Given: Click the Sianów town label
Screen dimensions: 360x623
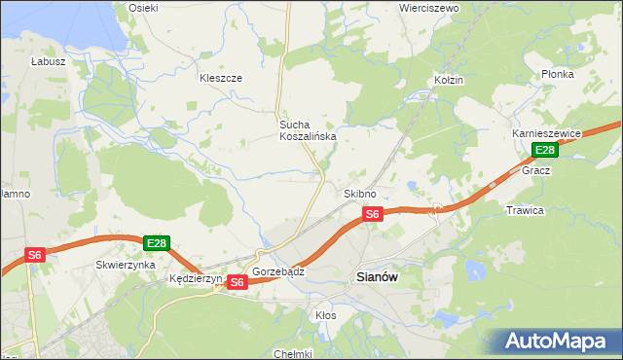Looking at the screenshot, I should [374, 276].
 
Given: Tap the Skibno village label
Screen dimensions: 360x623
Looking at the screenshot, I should [360, 194].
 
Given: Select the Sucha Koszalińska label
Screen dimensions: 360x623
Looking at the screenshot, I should [308, 130].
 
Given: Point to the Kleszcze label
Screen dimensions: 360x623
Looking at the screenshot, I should [220, 78].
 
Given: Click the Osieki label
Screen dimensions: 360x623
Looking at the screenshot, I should [143, 8].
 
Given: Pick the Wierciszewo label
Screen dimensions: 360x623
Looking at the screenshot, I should [428, 8].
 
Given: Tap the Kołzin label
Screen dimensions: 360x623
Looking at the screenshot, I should [449, 80].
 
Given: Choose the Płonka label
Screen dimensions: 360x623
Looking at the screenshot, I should [558, 74].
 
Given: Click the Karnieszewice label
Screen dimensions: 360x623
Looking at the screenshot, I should [547, 133].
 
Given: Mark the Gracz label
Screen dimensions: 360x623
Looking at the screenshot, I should [536, 170].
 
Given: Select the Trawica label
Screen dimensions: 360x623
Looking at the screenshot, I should [525, 210].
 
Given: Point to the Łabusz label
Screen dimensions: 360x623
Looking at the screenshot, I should [48, 60].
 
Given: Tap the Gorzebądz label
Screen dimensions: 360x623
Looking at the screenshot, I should [278, 271].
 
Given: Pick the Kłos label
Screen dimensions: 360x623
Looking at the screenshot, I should [326, 315].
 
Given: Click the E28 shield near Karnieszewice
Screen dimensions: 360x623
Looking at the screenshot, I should [545, 150].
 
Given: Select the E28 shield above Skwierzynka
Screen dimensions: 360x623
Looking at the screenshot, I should [157, 242].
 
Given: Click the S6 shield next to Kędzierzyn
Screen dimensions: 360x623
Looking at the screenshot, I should [238, 282].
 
